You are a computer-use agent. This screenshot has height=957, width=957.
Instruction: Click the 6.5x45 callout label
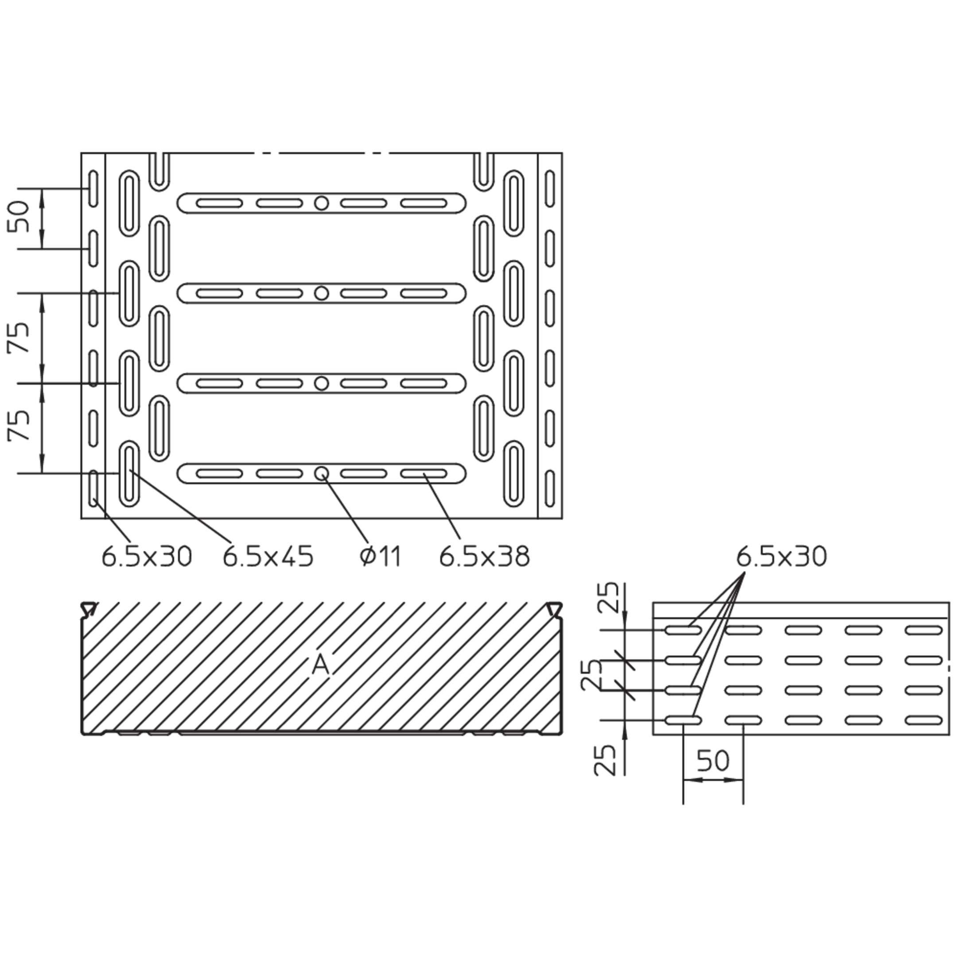coord(268,557)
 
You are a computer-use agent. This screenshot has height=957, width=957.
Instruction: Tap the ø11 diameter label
coord(380,557)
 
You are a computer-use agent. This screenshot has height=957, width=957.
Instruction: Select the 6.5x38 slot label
coord(484,557)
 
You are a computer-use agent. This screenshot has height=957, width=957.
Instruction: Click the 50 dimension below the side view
coord(713,760)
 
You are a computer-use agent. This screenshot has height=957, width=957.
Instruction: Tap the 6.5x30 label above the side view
coord(782,557)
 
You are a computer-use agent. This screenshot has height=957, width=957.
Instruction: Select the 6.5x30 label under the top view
coord(147,557)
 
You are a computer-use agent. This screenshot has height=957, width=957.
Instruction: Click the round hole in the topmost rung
coord(322,203)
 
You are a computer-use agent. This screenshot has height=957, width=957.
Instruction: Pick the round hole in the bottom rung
coord(322,474)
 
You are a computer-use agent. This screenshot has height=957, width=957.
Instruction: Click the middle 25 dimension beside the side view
coord(592,675)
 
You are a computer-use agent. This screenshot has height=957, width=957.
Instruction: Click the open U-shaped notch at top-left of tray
coord(159,171)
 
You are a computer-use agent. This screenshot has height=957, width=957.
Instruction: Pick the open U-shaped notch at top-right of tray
coord(484,171)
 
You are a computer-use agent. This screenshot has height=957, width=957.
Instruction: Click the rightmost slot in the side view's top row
coord(924,630)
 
